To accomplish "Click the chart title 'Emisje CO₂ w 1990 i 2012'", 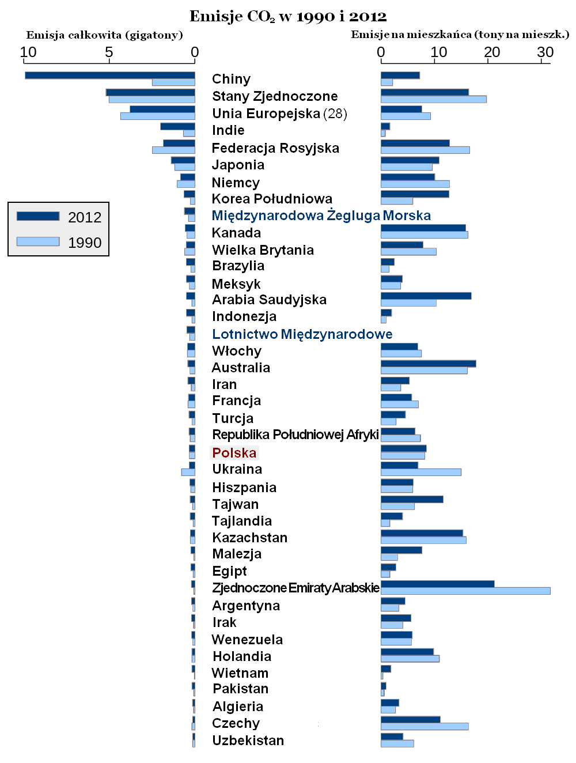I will (288, 16).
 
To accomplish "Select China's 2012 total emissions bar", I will (109, 75).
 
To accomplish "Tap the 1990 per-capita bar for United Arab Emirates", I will (465, 591).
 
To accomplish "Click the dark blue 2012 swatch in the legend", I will (38, 216).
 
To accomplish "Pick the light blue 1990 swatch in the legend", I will (38, 241).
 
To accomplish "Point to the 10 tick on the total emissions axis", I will (28, 52).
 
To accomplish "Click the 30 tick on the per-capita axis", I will (545, 52).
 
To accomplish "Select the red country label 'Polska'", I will (234, 453).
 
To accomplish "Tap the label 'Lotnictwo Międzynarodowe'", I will (302, 334).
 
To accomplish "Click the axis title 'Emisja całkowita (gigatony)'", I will (104, 35).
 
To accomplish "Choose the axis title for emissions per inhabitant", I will (460, 35).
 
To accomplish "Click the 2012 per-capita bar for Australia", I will (428, 364).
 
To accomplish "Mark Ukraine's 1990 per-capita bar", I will (420, 472).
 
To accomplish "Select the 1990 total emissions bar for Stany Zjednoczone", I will (151, 100).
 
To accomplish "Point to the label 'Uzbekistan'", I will (248, 741).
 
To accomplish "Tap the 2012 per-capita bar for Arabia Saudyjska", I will (426, 296).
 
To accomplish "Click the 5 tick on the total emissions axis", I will (109, 52).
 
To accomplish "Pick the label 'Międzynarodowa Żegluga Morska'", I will (321, 216).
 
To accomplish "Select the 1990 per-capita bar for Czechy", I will (425, 726).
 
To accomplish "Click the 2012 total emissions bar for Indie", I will (177, 126).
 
